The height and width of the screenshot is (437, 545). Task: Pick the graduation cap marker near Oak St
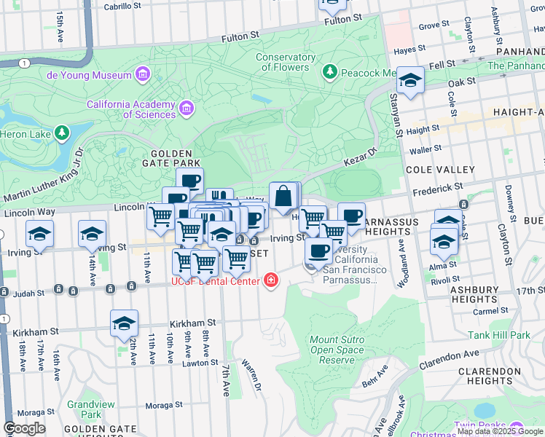click(x=411, y=82)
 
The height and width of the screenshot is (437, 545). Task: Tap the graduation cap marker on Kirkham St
click(x=125, y=323)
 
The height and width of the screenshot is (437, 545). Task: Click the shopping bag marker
click(x=283, y=195)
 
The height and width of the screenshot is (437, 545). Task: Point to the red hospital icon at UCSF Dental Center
click(x=271, y=280)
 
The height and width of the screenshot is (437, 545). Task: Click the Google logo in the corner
click(x=24, y=428)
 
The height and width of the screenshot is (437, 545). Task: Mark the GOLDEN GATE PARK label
click(x=171, y=154)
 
